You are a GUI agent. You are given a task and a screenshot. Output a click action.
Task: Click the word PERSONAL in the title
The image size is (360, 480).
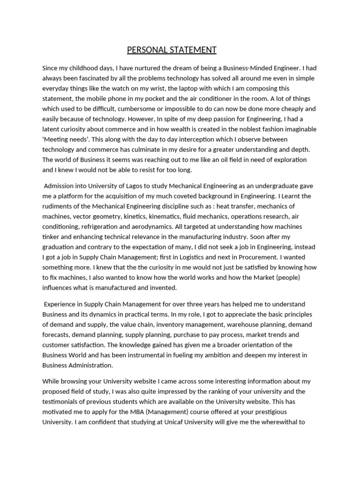click(146, 50)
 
